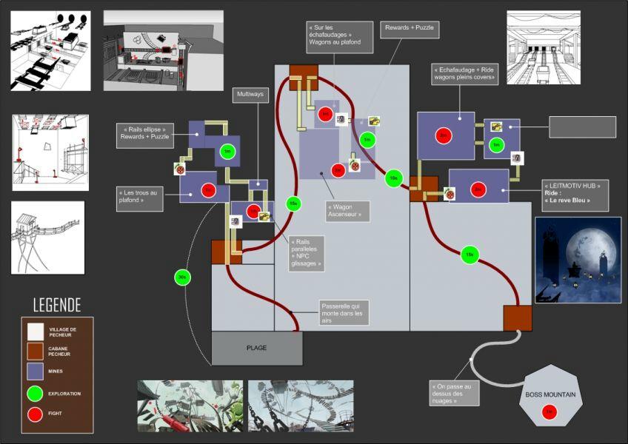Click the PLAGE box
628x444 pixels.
tap(256, 348)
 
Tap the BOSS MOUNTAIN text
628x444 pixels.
tap(549, 394)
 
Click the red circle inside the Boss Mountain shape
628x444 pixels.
tap(549, 412)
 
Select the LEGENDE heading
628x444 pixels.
tap(57, 305)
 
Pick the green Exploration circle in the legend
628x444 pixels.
tap(35, 393)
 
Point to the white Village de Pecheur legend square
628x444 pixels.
tap(35, 331)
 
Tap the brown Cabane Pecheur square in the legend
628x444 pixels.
tap(35, 350)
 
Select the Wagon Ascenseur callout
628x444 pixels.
tap(347, 211)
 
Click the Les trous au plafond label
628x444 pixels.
tap(138, 198)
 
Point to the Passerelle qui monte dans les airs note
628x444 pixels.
tap(343, 313)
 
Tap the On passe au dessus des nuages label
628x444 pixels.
tap(454, 393)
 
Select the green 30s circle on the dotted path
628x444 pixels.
tap(182, 277)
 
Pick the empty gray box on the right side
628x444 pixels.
tap(582, 127)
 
